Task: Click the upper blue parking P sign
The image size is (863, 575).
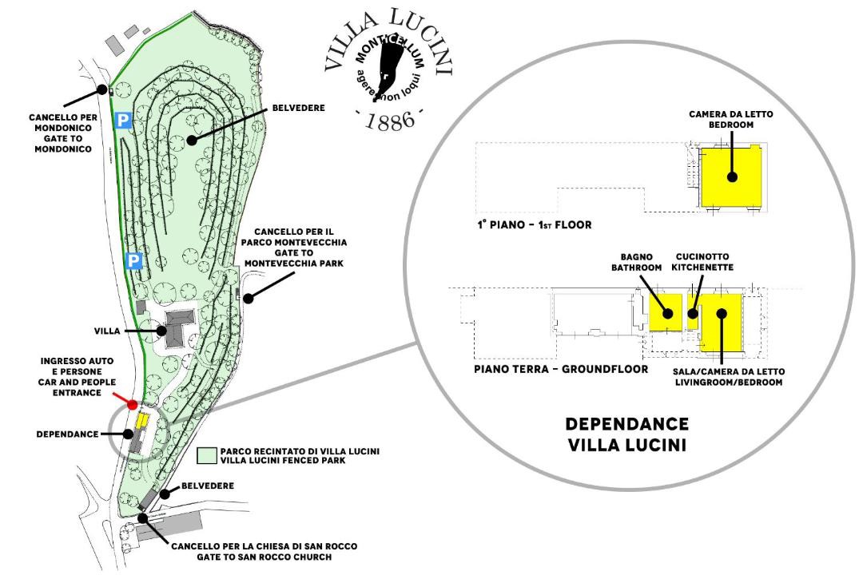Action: pos(123,120)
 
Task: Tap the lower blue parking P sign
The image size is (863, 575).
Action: pos(135,260)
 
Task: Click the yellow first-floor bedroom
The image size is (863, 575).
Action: pos(731,177)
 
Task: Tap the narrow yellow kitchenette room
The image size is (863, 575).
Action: pos(693,313)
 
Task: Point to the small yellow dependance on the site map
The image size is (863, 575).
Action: pos(143,420)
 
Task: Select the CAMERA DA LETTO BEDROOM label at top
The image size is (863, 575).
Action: pos(731,120)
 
